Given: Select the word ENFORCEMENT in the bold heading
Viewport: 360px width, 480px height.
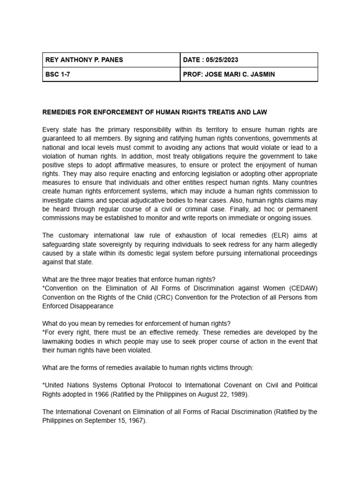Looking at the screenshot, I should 110,112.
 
